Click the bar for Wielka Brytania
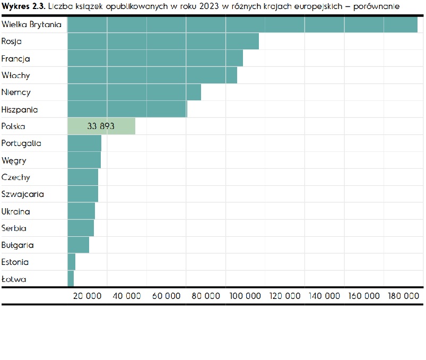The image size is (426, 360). tap(242, 24)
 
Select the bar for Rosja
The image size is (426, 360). tap(163, 41)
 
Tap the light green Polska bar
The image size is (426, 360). tap(101, 126)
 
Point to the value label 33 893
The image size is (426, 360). tap(101, 126)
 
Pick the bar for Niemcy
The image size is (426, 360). tap(134, 92)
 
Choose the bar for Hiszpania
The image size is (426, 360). tap(127, 109)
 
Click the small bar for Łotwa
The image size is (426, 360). tap(71, 279)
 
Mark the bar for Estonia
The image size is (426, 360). tap(72, 262)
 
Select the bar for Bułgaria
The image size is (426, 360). tap(79, 245)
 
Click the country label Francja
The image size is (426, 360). tap(16, 58)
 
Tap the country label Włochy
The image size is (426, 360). tap(16, 75)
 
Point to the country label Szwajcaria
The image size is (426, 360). tap(22, 194)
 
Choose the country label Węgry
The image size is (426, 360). tap(14, 160)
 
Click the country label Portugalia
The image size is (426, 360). tap(21, 143)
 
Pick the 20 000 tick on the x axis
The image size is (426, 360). tap(87, 296)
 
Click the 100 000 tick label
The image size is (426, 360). tap(246, 296)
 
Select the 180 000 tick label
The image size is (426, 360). tap(404, 296)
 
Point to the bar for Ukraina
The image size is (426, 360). tap(81, 211)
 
